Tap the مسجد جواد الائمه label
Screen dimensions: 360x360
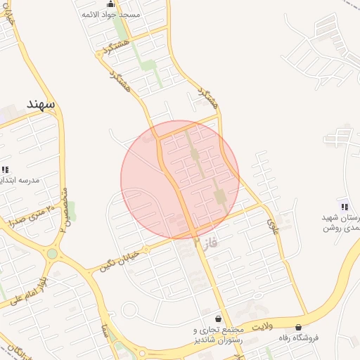(111, 14)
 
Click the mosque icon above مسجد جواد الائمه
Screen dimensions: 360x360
(110, 4)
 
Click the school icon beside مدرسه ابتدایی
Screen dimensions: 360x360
(6, 169)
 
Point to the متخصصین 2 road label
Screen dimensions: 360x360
(64, 210)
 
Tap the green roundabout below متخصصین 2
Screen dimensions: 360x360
(52, 253)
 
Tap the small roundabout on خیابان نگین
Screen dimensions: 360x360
(146, 250)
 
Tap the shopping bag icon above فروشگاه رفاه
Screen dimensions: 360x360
(300, 327)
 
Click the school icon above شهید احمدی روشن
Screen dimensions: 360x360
(345, 206)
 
